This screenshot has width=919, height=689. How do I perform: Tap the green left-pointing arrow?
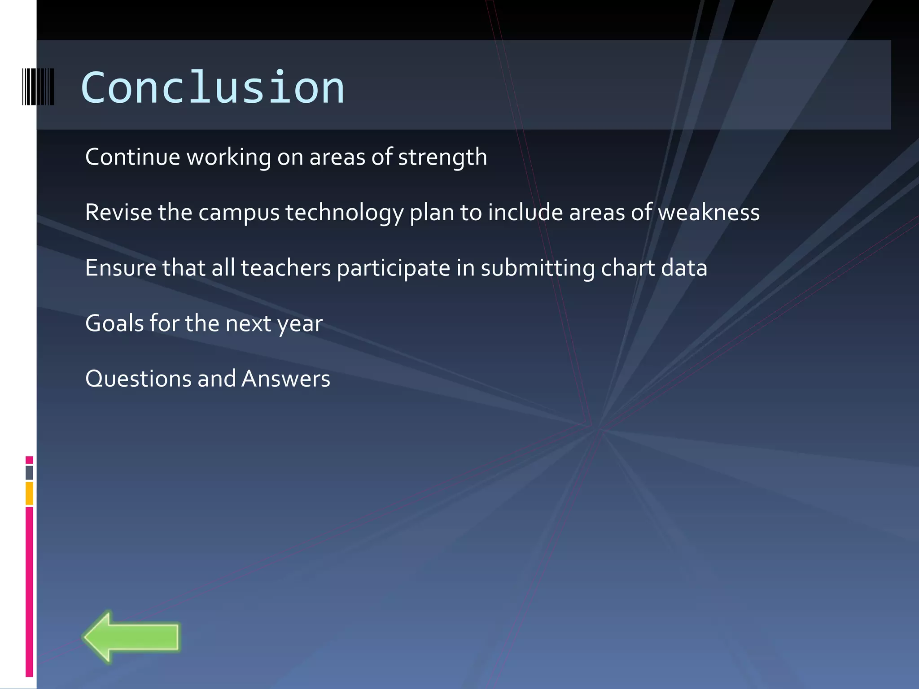131,637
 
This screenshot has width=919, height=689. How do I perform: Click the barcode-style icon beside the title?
38,87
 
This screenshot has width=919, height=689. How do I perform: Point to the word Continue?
132,157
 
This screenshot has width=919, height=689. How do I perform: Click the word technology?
344,213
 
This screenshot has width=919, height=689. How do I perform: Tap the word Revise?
118,213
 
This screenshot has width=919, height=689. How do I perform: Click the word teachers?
285,268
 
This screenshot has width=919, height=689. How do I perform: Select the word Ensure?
120,268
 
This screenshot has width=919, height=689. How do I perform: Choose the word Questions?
138,379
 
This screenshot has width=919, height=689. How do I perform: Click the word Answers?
286,379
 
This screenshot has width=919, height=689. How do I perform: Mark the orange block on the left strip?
29,493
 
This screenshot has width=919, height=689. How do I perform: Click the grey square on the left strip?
29,473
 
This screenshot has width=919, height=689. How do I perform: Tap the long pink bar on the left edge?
29,592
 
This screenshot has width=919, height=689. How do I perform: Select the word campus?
239,213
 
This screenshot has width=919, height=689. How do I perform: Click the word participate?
393,269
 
